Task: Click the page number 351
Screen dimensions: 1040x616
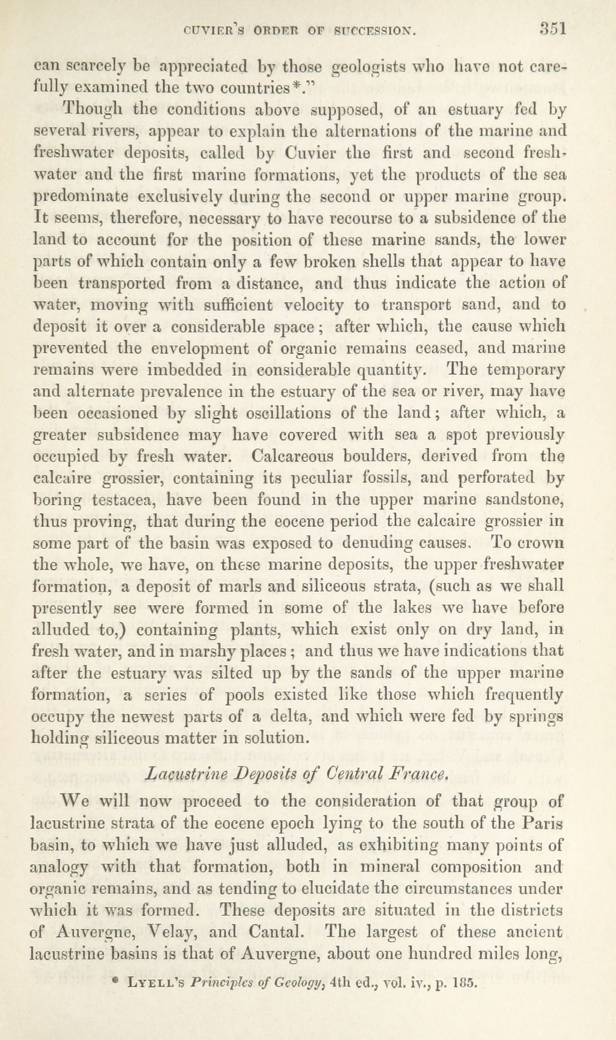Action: point(552,29)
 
